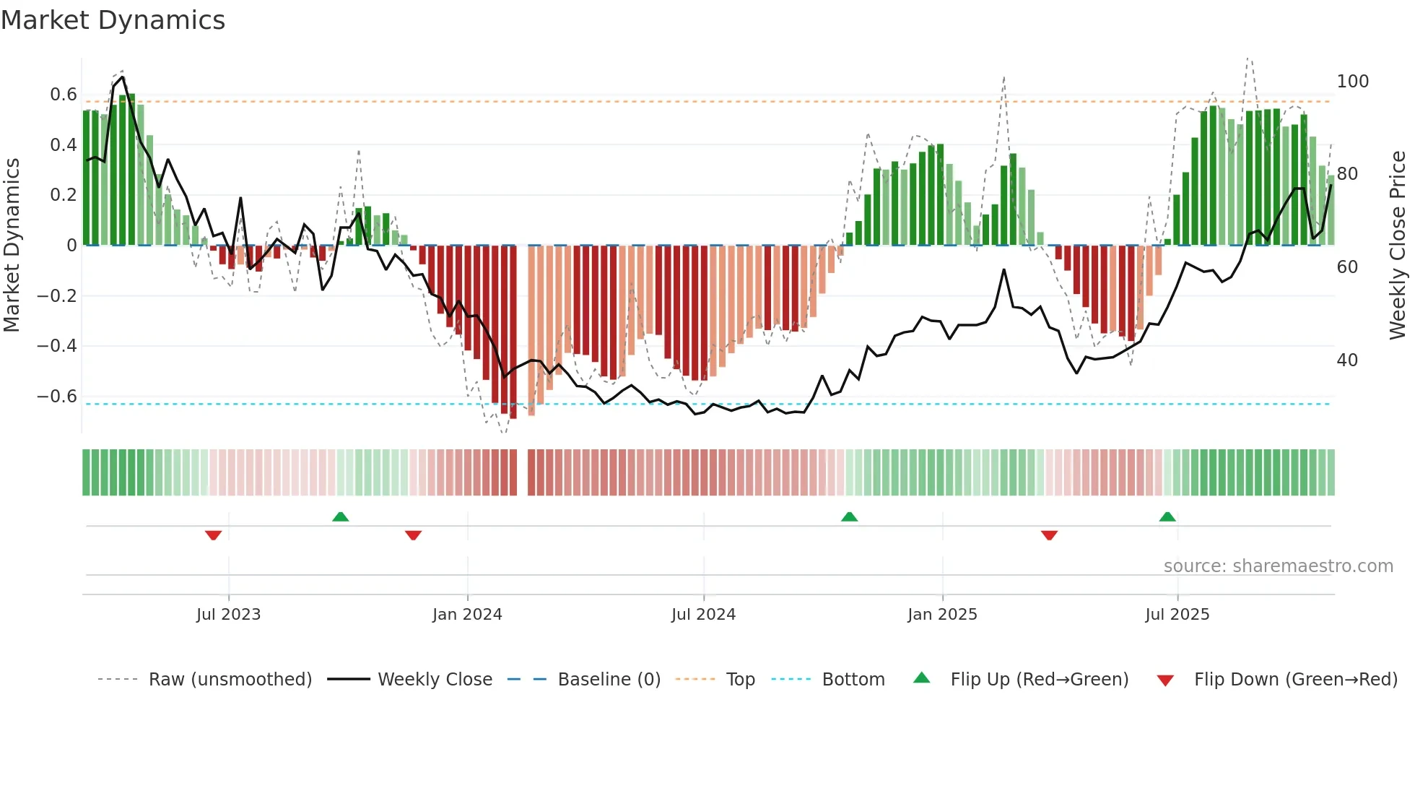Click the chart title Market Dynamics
coord(113,20)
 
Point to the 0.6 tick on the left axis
coord(64,95)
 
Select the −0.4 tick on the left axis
coord(57,346)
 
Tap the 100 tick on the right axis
coord(1352,82)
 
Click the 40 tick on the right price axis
coord(1347,360)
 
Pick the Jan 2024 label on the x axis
coord(467,615)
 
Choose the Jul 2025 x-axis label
coord(1177,615)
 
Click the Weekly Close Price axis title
coord(1398,246)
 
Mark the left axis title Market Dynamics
coord(12,246)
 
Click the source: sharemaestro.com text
coord(1278,566)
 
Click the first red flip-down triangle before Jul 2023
coord(213,535)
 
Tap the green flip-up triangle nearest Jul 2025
coord(1167,516)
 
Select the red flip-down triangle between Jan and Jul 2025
coord(1049,535)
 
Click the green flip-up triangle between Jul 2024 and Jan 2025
coord(849,516)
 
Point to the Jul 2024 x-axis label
coord(703,615)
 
